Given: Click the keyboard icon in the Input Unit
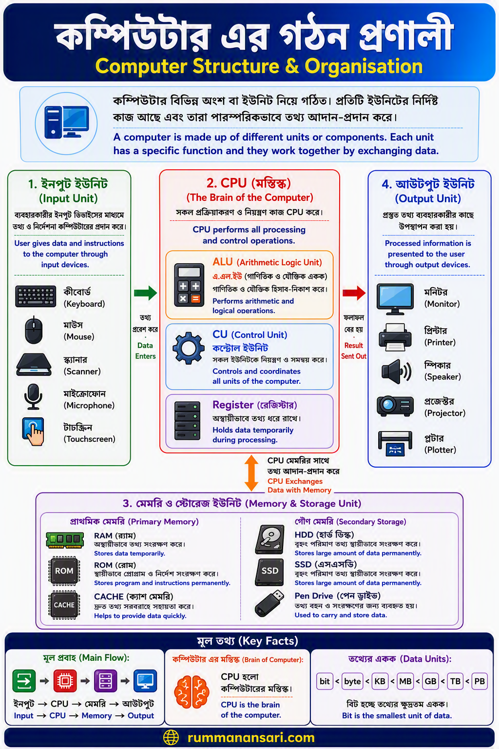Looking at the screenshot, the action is pos(36,296).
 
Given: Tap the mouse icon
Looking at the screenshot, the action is pos(34,330).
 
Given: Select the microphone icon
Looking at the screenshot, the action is pos(34,396).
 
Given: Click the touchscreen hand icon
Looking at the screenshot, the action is pos(33,432).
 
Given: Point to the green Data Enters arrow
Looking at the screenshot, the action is pos(145,293).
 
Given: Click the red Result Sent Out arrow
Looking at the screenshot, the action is pos(354,293).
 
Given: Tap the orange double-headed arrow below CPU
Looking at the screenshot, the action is pos(251,473).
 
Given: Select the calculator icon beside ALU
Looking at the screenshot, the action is pos(189,285).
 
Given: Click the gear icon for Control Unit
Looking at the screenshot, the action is pos(189,348).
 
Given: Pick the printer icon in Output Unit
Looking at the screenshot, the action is pos(395,337).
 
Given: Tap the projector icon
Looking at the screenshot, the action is pos(395,406).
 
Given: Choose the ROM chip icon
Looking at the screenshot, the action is pos(64,571).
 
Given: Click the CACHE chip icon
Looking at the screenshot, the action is pos(64,605).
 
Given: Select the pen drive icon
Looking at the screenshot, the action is pos(269,603).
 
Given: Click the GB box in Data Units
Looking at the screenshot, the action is pos(430,681).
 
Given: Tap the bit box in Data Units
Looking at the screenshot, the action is pos(325,681).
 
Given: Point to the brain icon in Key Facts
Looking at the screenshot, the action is pos(192,692).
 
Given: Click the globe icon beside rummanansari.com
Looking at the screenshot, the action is pos(171,737).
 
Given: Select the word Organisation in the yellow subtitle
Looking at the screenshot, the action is pos(364,66).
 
